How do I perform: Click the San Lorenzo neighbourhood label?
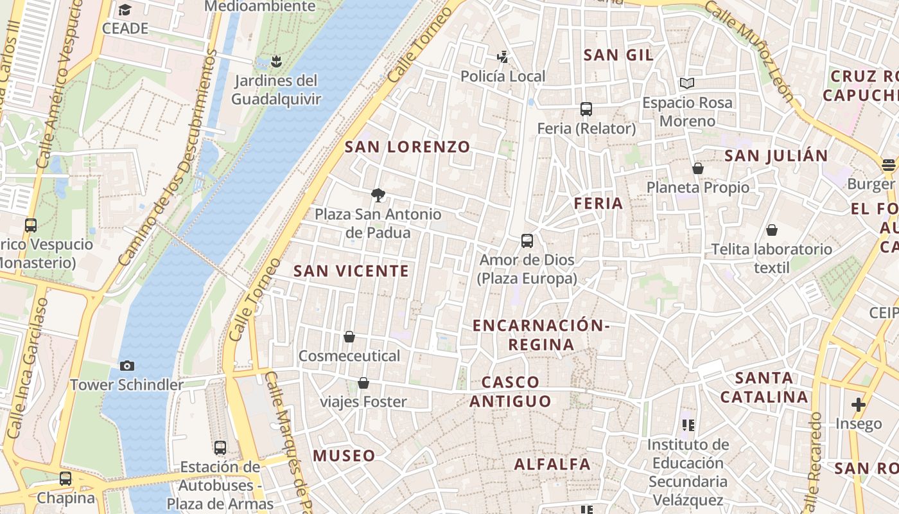(408, 147)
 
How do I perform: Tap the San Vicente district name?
(351, 271)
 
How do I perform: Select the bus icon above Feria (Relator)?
(586, 109)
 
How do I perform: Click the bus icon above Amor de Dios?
(527, 241)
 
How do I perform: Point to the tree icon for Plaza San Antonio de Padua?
(378, 195)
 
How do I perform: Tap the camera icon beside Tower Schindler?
(127, 366)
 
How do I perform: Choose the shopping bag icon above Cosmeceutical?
(349, 336)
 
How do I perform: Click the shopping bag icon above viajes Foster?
(363, 383)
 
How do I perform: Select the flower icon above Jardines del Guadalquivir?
(276, 61)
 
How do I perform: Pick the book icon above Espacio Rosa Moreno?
(687, 83)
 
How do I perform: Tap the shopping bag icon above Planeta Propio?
(698, 168)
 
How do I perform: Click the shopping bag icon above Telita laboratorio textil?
(772, 230)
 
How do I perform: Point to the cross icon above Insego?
(859, 405)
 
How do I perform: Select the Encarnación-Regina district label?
(541, 335)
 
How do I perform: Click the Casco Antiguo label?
(511, 392)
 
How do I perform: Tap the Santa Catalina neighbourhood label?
(764, 387)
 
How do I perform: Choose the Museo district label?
(344, 456)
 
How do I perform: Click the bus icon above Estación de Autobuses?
(220, 447)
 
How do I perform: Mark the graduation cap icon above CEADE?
(125, 10)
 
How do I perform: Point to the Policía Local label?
(503, 76)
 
